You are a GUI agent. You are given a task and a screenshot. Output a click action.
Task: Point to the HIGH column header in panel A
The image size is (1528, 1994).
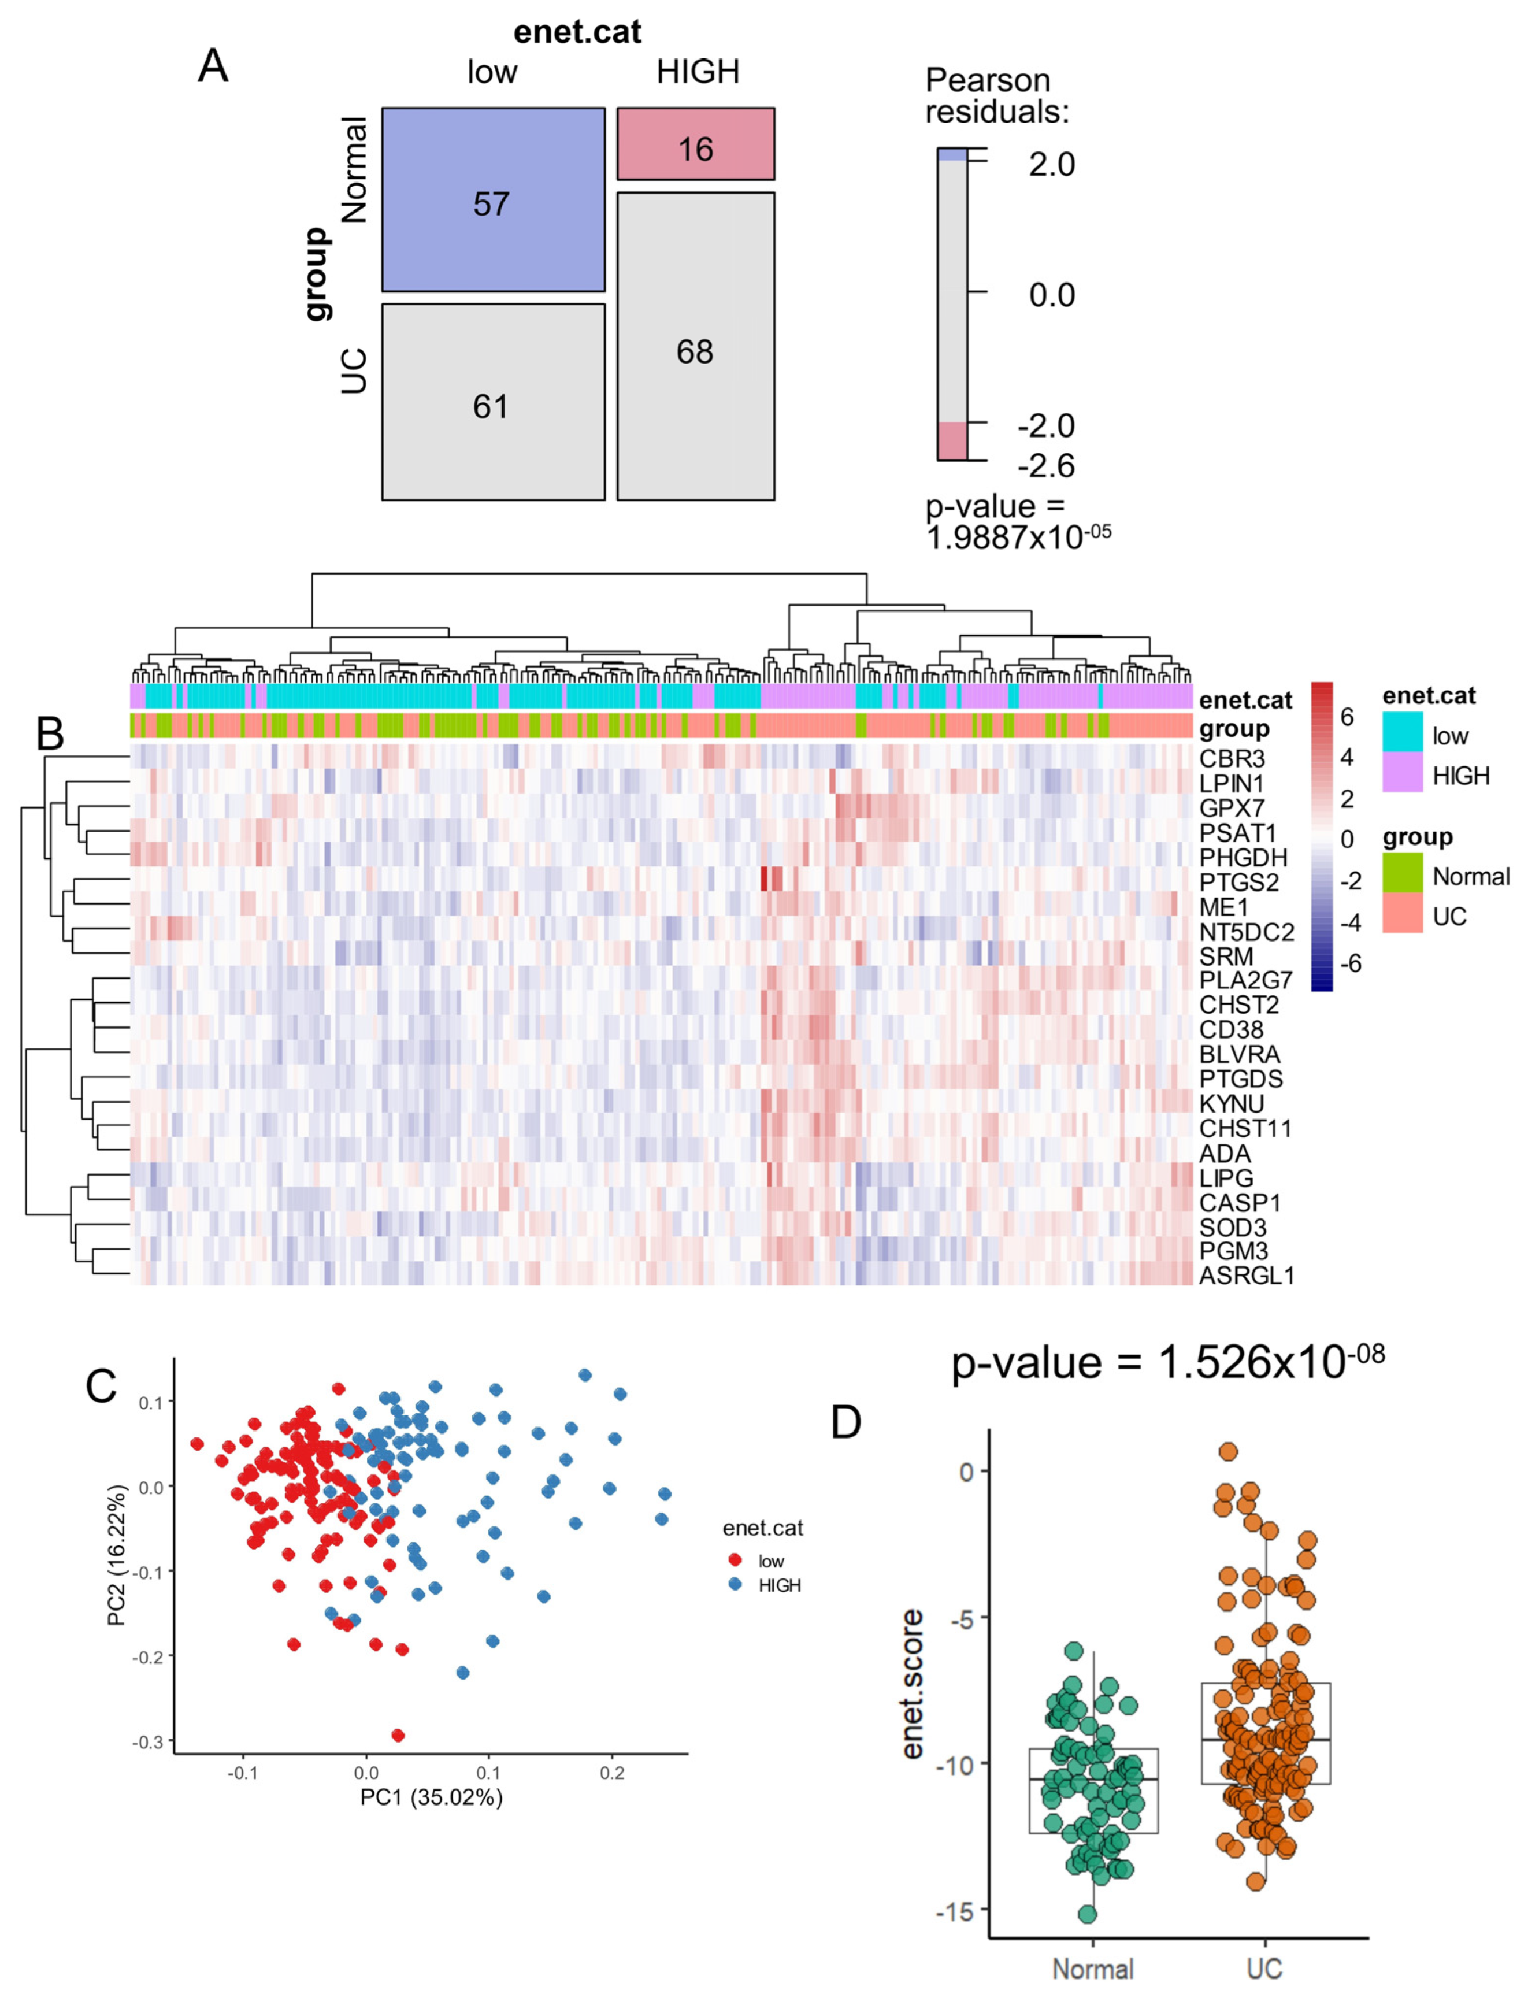point(698,72)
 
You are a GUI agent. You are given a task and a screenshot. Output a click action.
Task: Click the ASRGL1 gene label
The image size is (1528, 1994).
point(1246,1276)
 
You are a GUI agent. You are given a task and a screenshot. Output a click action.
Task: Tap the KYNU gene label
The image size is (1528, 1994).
point(1232,1103)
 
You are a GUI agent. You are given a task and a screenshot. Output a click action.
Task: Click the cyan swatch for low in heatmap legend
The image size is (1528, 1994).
point(1401,732)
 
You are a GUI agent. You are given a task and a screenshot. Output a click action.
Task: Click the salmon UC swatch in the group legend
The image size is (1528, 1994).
point(1401,913)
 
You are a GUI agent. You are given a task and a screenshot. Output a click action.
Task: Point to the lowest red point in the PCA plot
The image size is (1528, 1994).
point(398,1736)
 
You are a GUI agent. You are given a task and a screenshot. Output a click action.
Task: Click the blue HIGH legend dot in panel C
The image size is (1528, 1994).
point(735,1585)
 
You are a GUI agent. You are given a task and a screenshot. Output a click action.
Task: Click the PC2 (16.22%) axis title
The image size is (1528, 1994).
point(116,1555)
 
